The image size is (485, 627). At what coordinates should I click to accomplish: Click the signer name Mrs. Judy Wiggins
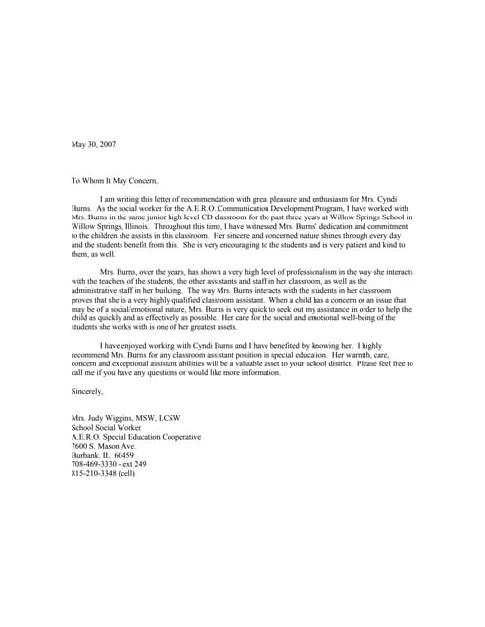[105, 418]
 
